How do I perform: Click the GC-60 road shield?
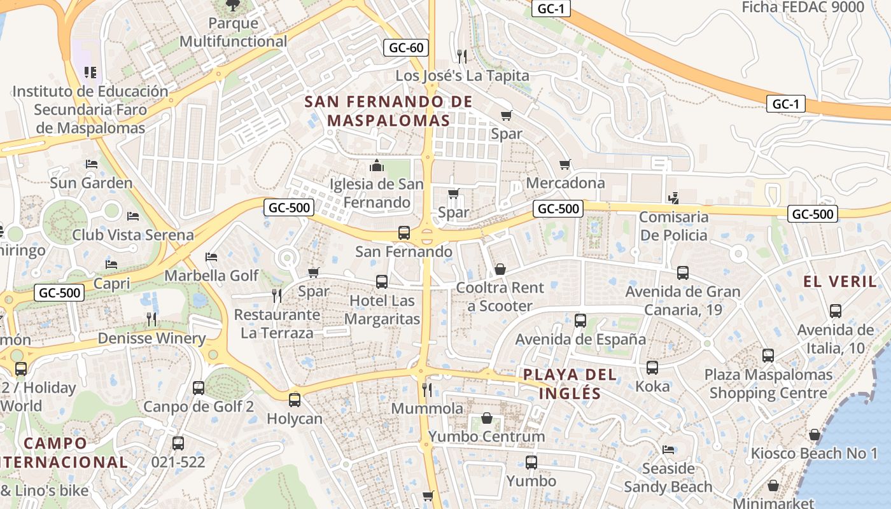[406, 48]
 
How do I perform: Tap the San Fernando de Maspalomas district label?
[388, 111]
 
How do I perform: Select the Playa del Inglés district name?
[570, 384]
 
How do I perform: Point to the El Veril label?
[840, 281]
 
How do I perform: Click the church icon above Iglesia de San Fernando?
[377, 166]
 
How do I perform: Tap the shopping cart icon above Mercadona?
[565, 165]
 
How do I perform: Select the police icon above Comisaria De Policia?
[673, 199]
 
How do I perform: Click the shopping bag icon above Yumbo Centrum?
[487, 418]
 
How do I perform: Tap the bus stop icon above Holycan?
[294, 400]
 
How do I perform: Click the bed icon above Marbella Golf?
[211, 257]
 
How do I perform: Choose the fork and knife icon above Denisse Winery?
[151, 319]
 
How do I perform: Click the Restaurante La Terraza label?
[277, 324]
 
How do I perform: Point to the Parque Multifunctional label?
[233, 32]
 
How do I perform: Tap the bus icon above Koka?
[652, 368]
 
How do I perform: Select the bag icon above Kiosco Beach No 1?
[814, 435]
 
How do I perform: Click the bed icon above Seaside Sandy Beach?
[668, 450]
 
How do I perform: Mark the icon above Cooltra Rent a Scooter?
[500, 269]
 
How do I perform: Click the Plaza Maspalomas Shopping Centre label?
[768, 384]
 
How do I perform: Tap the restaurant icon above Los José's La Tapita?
[462, 57]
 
